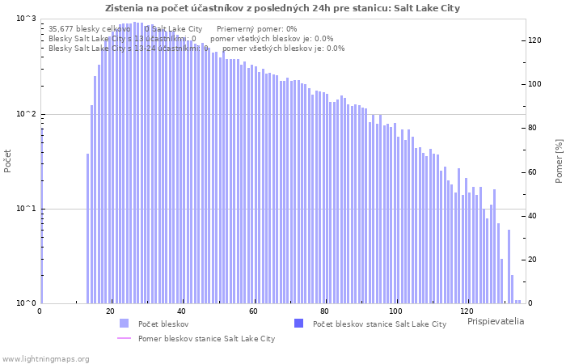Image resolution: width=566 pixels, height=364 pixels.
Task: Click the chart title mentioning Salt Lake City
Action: click(x=282, y=8)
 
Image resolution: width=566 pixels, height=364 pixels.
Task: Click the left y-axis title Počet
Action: click(x=8, y=161)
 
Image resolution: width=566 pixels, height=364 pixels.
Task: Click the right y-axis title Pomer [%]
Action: click(x=559, y=161)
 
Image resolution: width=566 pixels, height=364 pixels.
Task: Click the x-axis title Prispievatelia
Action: click(x=495, y=321)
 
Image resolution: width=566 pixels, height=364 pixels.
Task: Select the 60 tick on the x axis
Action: click(x=253, y=311)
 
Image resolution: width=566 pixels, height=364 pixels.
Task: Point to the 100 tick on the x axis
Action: click(x=395, y=311)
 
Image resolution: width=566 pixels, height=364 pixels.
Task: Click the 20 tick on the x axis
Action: click(x=111, y=311)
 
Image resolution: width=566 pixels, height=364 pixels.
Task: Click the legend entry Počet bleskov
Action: click(x=163, y=324)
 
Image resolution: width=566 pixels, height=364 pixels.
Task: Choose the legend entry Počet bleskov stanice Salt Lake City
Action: click(x=378, y=324)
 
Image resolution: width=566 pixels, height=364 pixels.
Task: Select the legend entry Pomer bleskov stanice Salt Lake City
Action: click(x=205, y=338)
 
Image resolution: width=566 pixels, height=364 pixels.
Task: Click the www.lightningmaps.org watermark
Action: click(x=45, y=358)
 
